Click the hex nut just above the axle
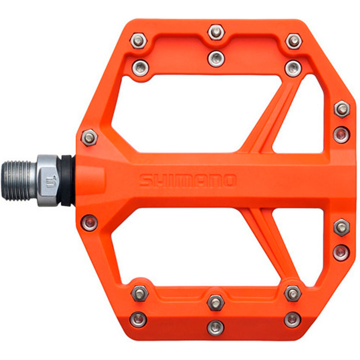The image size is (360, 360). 89,137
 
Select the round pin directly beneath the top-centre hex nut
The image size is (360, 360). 216,58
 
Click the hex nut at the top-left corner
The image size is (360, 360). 139,41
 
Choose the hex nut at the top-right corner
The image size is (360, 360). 294,41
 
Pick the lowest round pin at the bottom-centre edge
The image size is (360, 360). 216,327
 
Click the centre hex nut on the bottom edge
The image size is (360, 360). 216,302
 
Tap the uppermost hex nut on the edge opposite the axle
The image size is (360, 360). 341,109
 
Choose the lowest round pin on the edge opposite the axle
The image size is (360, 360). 341,252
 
